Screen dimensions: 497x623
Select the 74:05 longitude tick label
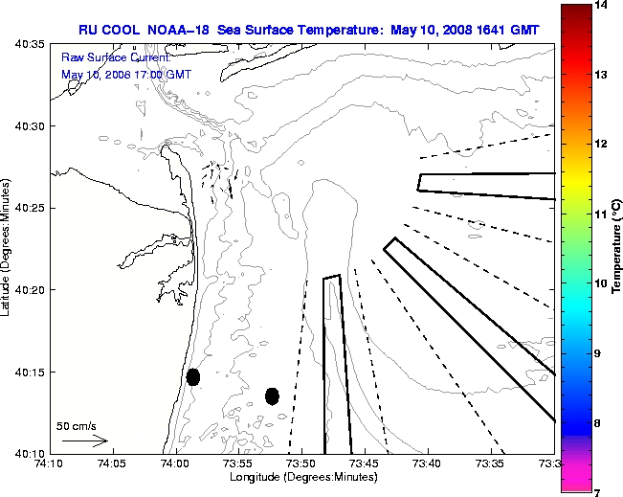click(111, 464)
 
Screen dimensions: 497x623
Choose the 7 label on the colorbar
click(598, 491)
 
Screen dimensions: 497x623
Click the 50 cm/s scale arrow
click(84, 441)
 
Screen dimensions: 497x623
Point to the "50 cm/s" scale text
click(77, 425)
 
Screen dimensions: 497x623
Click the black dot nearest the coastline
click(193, 376)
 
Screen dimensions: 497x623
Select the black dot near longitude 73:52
click(272, 395)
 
